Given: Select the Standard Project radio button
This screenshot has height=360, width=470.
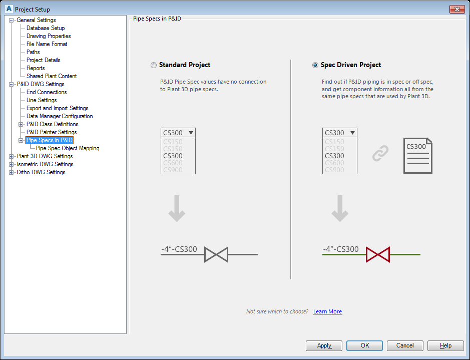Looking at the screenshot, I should [153, 65].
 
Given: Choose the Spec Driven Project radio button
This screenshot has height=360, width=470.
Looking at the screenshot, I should [315, 65].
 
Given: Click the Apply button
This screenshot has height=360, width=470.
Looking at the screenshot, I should [324, 345].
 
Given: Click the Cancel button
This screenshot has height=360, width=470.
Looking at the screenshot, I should [405, 345].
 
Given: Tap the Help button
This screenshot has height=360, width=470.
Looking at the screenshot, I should [445, 345].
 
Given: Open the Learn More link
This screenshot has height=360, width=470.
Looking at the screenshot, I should [327, 311].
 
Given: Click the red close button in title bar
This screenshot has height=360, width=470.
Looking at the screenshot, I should [456, 9].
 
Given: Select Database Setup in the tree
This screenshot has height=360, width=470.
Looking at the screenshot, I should [46, 28].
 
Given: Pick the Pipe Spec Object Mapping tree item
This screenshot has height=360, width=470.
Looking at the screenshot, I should [68, 148].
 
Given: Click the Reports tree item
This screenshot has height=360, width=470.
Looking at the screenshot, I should [36, 68].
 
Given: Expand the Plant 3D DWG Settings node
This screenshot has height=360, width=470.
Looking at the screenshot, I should [12, 156].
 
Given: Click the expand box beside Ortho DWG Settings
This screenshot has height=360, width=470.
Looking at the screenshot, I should [12, 172].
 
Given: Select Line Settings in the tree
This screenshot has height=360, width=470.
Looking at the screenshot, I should [42, 100].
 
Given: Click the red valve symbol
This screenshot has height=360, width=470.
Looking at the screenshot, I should [377, 254].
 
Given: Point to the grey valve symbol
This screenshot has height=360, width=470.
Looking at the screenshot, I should [216, 254].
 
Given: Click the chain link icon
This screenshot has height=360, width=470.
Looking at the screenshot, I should [380, 154].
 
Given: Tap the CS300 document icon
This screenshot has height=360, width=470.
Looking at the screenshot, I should [417, 156].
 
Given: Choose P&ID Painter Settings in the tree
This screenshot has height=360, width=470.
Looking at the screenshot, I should [52, 132].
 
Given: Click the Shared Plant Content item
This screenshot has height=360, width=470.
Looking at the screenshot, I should [52, 76].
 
